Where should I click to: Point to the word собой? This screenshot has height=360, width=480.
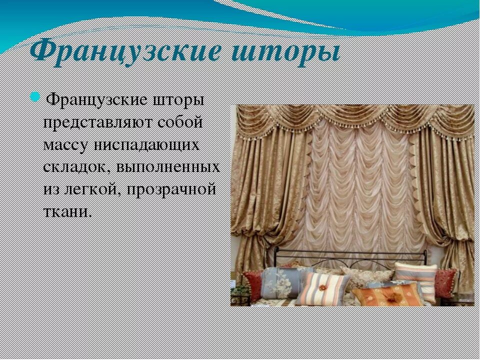pos(180,121)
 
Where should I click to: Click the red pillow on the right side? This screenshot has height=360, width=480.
pos(444,280)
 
